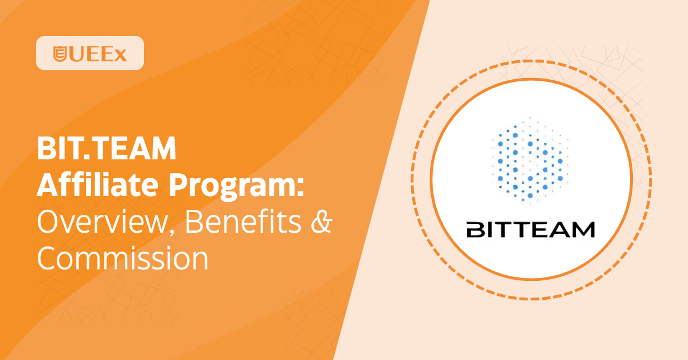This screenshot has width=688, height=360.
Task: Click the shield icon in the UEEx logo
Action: [60, 54]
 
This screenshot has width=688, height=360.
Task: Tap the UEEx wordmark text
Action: [97, 54]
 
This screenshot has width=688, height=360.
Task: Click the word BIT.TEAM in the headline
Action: [107, 148]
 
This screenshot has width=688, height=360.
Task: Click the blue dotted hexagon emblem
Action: [530, 161]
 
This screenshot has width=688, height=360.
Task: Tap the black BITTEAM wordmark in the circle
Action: [530, 230]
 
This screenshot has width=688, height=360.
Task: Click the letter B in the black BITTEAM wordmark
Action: [476, 230]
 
